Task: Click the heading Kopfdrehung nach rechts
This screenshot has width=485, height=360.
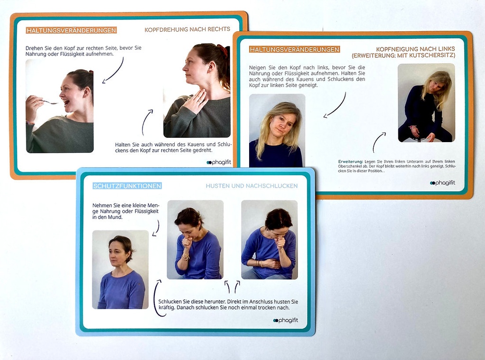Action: (x=187, y=29)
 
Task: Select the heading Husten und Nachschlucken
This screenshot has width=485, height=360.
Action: (x=251, y=186)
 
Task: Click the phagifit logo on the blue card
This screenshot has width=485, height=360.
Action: (x=286, y=320)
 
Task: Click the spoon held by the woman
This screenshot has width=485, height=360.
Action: (x=48, y=101)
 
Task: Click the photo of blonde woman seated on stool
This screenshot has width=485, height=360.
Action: (x=426, y=103)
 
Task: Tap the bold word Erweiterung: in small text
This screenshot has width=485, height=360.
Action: (x=351, y=161)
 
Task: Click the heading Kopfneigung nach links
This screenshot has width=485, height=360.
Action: (x=415, y=49)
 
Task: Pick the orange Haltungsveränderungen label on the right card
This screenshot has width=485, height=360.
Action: (x=294, y=49)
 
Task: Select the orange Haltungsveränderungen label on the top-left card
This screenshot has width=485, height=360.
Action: (x=71, y=30)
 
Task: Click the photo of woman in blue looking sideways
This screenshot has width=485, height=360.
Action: (x=120, y=270)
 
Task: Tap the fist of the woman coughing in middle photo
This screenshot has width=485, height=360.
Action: (x=186, y=242)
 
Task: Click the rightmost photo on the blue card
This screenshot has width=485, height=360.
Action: (x=269, y=240)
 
